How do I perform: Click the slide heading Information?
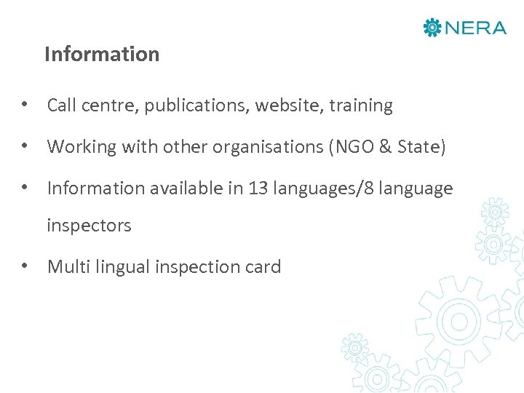[x=101, y=55]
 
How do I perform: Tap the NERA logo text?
[x=475, y=28]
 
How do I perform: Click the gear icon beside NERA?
[x=432, y=28]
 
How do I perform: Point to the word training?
[x=361, y=106]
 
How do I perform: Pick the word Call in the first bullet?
[x=62, y=106]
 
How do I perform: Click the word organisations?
[x=269, y=148]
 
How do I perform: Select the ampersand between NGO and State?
[x=386, y=148]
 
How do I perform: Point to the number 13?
[x=258, y=189]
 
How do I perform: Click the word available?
[x=186, y=189]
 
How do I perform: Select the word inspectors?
[x=89, y=226]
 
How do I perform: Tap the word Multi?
[x=66, y=268]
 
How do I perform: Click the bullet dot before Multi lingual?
[x=25, y=267]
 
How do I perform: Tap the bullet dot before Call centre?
[x=25, y=106]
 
